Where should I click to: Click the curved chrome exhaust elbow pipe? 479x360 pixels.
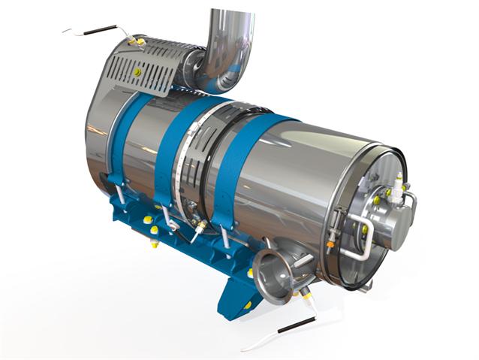coord(225,45)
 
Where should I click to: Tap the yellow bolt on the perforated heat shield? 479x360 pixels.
coord(137,71)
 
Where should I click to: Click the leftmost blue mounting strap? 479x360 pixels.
coord(120,143)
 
